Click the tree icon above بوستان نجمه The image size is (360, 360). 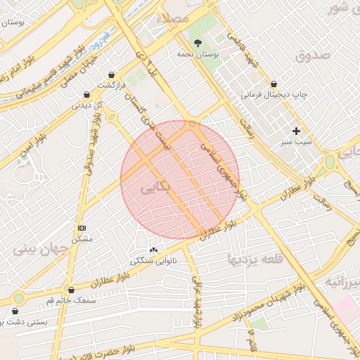tap(197, 44)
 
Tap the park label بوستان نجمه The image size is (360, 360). tap(195, 54)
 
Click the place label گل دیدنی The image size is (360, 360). tap(87, 105)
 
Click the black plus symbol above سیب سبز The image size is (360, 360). tap(297, 131)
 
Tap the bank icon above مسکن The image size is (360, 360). tap(82, 228)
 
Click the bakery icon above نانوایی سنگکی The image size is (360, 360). tap(153, 250)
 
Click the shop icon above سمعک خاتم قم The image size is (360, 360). tap(70, 290)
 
